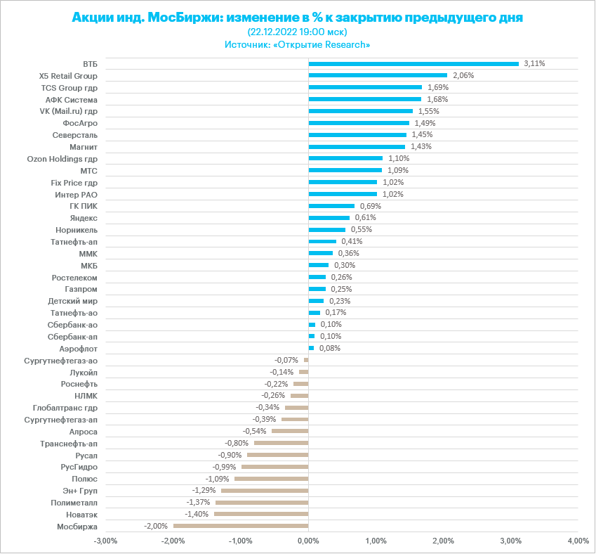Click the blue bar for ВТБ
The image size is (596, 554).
pos(413,64)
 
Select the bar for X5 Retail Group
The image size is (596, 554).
pos(378,75)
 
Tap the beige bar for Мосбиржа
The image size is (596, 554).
pos(241,526)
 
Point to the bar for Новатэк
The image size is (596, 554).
pos(261,514)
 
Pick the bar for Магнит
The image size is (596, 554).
pos(357,147)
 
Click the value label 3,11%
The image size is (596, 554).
pos(534,63)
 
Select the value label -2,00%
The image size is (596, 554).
pos(156,526)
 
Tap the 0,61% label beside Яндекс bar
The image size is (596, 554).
pos(365,218)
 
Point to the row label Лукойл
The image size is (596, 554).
pos(84,372)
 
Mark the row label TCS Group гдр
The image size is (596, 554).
pos(69,88)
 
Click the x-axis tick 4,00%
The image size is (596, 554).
pos(578,541)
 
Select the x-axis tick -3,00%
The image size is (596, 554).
pos(106,541)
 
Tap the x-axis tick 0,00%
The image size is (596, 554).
pos(308,541)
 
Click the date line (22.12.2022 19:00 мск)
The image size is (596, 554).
pos(298,32)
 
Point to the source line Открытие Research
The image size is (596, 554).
pos(298,44)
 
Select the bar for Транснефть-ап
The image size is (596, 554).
pos(281,443)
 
